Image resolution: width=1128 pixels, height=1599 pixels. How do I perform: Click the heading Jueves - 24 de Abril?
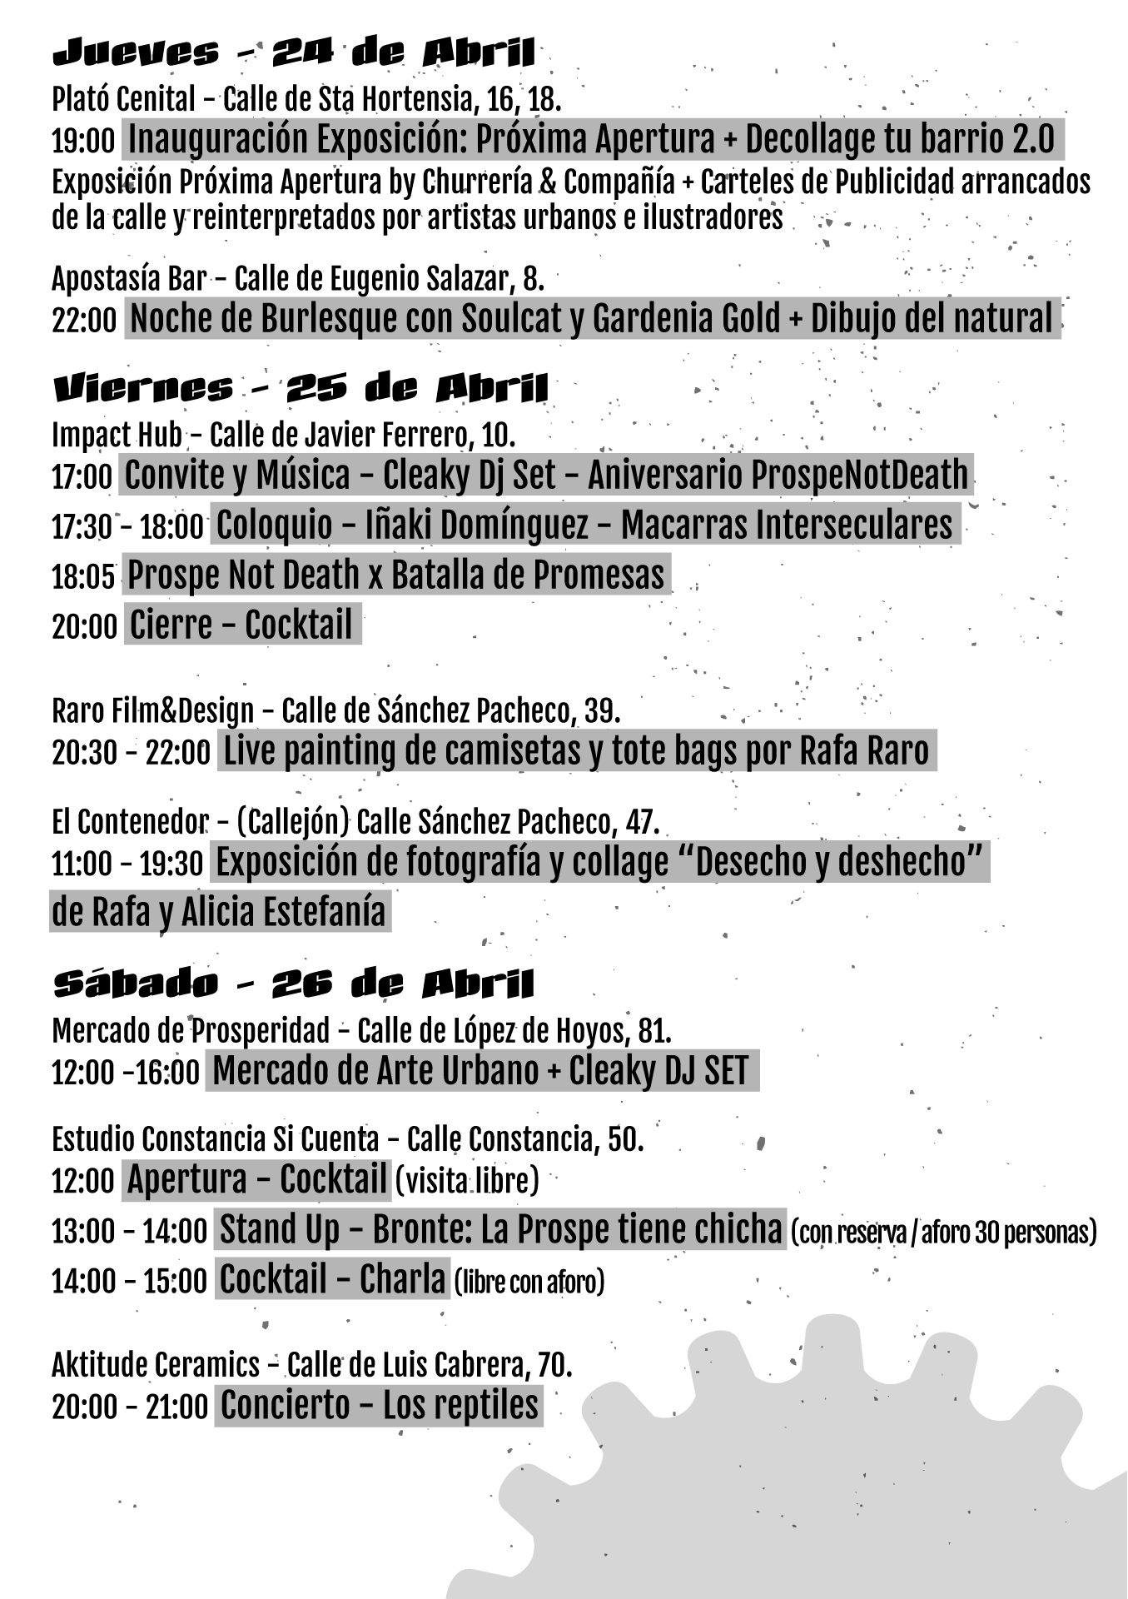coord(293,52)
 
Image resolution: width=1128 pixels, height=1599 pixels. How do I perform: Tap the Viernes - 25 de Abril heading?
coord(301,388)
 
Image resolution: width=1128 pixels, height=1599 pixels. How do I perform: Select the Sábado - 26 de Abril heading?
coord(293,984)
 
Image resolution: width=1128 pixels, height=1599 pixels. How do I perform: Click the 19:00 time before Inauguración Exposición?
coord(83,141)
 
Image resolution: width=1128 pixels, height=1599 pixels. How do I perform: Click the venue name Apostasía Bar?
coord(129,278)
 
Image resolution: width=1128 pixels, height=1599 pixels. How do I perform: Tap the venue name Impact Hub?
coord(117,434)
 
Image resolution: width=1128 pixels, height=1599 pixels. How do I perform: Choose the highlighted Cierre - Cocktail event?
coord(241,625)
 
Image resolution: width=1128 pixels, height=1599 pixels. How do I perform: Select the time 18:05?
coord(83,576)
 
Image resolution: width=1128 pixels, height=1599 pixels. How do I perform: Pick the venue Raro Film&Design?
coord(152,710)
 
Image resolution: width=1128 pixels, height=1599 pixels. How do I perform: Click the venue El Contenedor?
coord(129,822)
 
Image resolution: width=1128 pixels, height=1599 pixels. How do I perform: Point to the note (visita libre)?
coord(467,1180)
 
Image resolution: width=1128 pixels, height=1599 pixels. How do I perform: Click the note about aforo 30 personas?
coord(943,1232)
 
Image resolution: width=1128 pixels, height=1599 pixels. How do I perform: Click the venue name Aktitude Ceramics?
coord(156,1365)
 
